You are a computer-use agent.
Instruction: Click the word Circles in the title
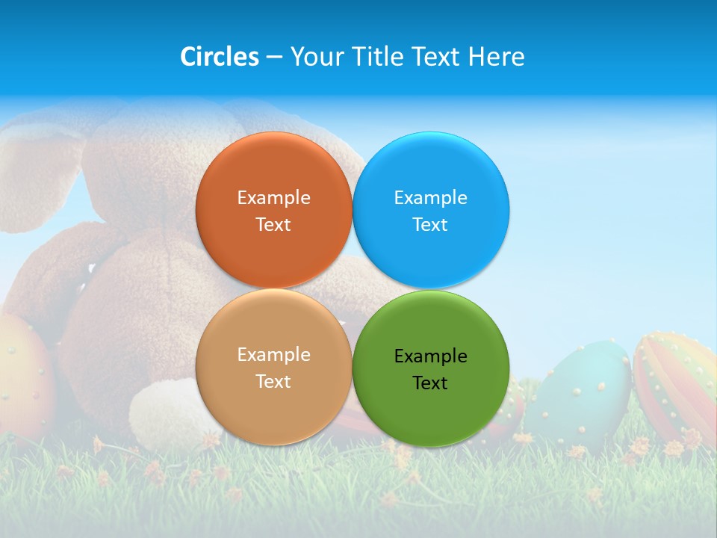[220, 57]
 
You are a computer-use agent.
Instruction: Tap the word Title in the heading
[379, 57]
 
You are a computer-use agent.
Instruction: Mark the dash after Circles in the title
[273, 58]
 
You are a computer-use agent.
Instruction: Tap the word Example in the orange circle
[273, 197]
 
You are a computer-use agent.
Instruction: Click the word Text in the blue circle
[430, 224]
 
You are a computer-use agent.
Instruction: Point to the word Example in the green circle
[430, 356]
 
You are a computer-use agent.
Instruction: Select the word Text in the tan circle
[273, 381]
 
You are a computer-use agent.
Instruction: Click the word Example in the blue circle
[430, 197]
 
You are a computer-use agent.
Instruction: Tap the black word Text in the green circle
[430, 383]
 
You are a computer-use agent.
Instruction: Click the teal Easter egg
[587, 392]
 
